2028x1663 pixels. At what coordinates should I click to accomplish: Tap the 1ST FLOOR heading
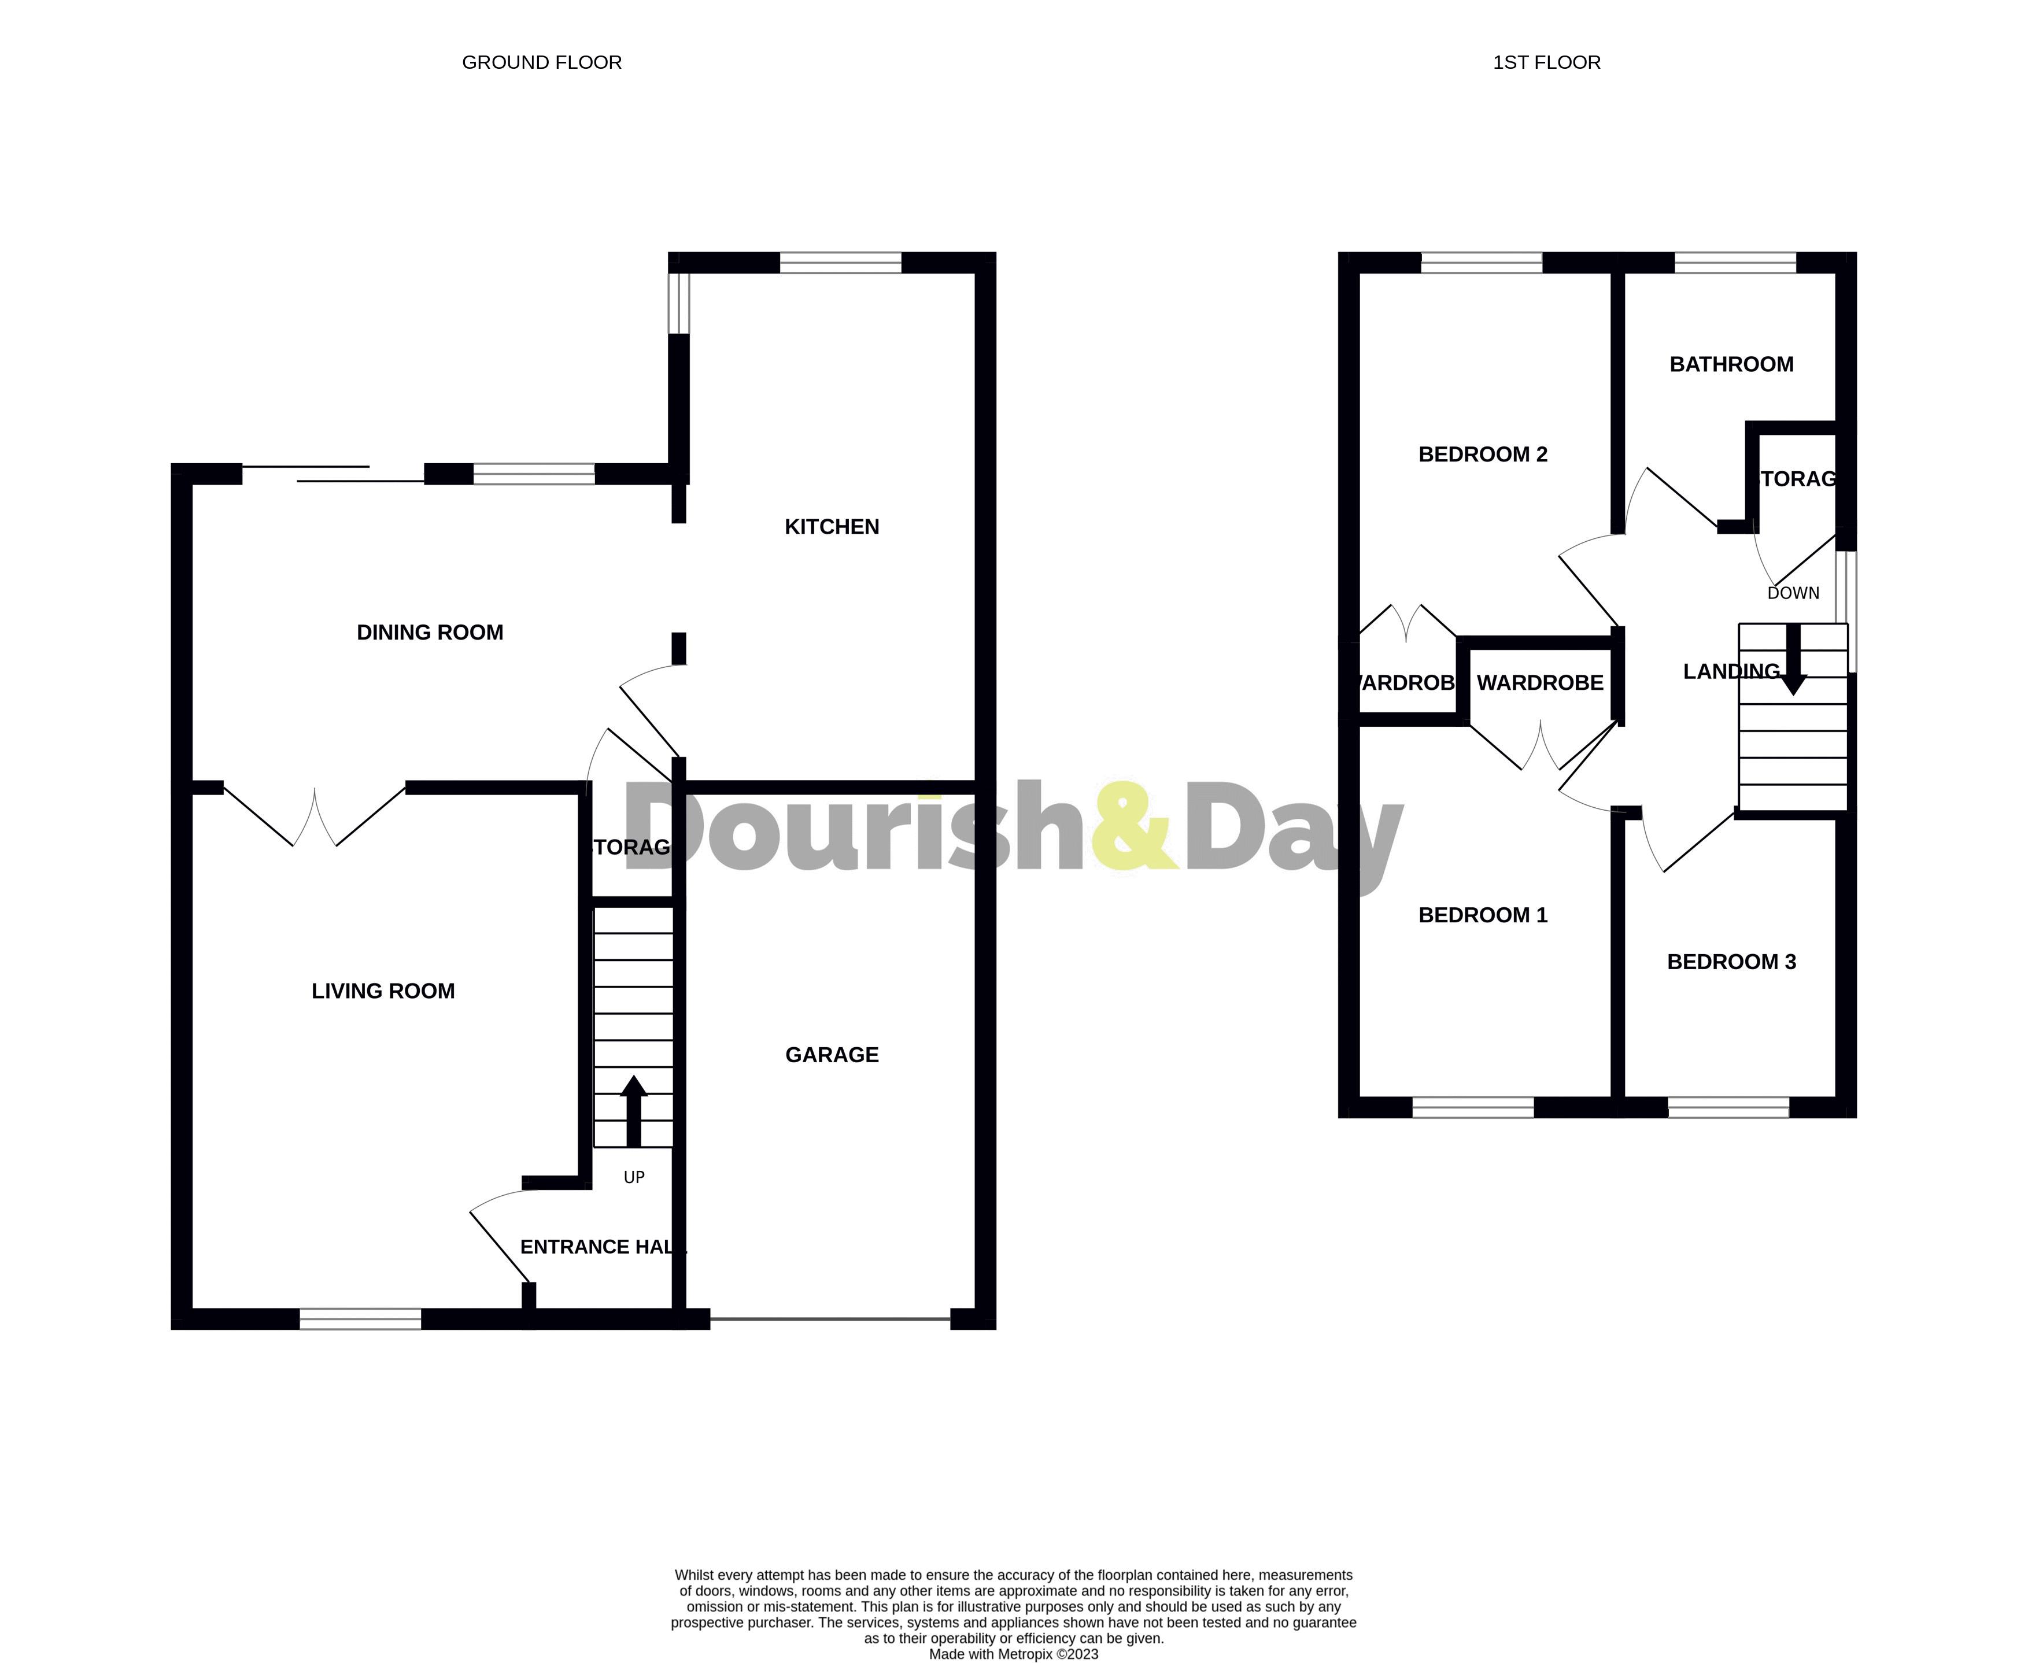1546,62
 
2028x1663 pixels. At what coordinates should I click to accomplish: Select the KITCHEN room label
832,527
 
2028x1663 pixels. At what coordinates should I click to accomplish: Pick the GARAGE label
832,1055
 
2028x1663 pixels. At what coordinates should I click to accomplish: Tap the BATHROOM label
1731,364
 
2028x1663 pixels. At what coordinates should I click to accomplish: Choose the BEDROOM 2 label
1482,454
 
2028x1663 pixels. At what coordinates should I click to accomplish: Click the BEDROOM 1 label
1482,915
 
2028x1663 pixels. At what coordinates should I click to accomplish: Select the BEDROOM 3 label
1731,962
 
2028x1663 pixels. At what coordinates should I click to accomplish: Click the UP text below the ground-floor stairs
634,1177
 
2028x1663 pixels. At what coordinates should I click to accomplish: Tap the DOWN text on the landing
1792,593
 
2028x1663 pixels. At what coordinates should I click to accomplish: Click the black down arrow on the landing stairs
1792,661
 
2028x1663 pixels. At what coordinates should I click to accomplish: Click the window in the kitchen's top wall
840,263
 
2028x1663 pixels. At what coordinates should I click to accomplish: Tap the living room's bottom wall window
360,1319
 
